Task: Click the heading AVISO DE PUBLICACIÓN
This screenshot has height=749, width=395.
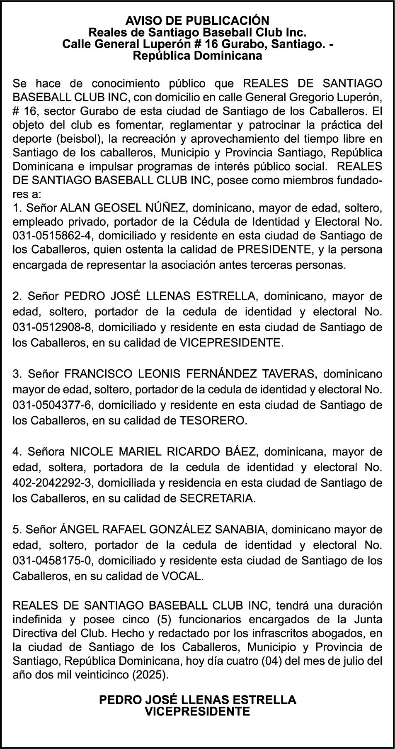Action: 197,21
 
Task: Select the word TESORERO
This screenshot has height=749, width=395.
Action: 213,421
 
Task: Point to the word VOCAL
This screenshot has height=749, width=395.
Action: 185,576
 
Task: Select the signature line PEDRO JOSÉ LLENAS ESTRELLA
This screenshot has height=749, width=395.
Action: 197,700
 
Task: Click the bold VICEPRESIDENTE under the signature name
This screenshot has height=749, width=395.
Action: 197,712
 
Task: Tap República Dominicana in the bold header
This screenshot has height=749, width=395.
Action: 197,56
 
